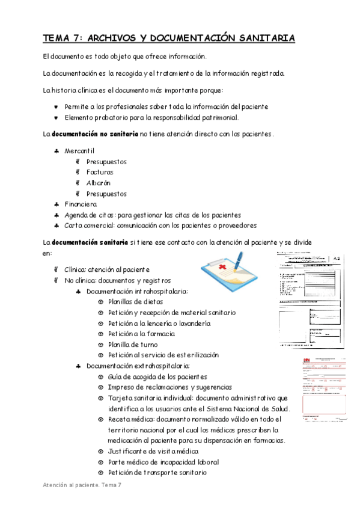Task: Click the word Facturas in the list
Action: tap(100, 172)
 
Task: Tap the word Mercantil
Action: tap(79, 150)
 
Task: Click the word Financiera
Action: tap(81, 204)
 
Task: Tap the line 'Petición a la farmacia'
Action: tap(142, 334)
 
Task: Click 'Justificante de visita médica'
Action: tap(153, 451)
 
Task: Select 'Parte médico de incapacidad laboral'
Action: tap(163, 462)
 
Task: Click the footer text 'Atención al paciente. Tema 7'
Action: tap(82, 485)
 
